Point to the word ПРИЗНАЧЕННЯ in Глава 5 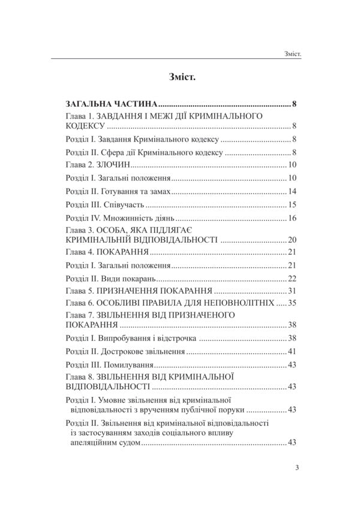(134, 291)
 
